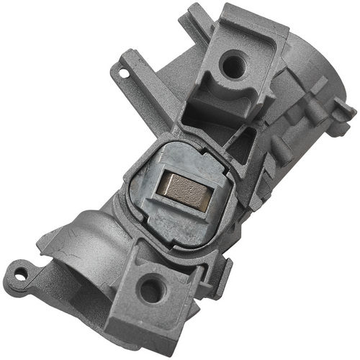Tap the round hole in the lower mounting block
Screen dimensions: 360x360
coord(152,290)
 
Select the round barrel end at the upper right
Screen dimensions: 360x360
coord(317,79)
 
